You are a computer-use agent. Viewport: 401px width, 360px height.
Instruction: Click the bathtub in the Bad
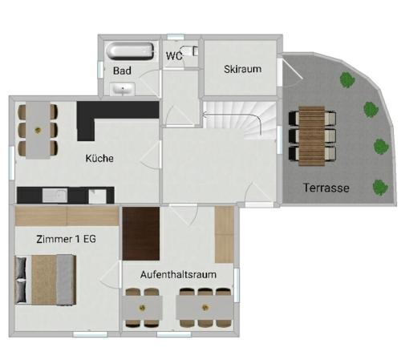(130, 51)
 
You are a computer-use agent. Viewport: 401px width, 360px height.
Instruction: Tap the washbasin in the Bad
(123, 89)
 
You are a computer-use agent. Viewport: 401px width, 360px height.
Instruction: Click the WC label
(174, 56)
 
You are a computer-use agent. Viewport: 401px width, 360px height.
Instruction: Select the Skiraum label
(242, 69)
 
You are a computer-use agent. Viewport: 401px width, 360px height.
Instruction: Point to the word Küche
(99, 158)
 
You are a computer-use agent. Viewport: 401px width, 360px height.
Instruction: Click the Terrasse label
(326, 188)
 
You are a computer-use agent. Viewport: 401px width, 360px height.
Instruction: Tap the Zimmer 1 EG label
(66, 239)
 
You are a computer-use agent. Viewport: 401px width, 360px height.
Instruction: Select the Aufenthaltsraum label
(178, 274)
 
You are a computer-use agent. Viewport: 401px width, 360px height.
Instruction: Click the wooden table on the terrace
(312, 136)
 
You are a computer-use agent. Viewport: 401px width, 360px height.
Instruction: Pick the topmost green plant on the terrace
(347, 80)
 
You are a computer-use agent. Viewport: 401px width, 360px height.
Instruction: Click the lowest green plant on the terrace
(380, 188)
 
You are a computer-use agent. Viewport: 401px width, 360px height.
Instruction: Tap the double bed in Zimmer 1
(46, 280)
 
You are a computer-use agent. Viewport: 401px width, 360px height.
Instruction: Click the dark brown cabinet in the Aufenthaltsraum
(141, 233)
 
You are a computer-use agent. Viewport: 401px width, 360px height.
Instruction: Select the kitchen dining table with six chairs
(38, 130)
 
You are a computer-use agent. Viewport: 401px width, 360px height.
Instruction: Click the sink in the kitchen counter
(55, 196)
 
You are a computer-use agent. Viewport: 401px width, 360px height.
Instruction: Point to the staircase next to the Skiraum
(239, 118)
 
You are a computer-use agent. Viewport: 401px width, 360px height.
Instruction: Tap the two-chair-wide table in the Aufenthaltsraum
(142, 308)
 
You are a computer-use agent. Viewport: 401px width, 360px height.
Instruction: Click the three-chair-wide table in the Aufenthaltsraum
(205, 308)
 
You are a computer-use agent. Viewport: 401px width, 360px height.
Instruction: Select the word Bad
(122, 71)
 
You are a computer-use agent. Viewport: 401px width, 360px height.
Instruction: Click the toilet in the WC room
(190, 51)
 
